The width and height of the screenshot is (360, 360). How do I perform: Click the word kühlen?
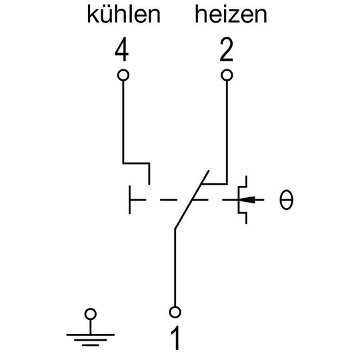[x=123, y=15]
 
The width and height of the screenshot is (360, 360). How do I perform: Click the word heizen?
[x=231, y=15]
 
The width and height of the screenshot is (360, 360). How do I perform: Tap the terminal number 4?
[x=122, y=49]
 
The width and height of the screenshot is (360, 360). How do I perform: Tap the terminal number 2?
[x=227, y=49]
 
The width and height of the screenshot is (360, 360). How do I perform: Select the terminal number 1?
[x=175, y=338]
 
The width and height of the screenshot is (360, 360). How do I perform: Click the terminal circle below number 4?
[x=123, y=69]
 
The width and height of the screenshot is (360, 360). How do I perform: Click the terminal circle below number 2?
[x=227, y=69]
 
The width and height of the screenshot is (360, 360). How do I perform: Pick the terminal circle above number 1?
[x=175, y=307]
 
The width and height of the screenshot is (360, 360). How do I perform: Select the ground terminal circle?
[x=91, y=309]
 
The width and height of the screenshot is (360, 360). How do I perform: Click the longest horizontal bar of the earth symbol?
[x=91, y=335]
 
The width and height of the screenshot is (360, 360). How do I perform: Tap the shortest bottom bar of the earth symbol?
[x=91, y=345]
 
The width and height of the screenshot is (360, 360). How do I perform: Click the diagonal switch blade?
[x=192, y=199]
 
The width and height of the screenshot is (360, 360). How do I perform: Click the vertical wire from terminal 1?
[x=175, y=267]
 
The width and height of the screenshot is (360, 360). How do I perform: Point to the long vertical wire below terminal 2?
[x=227, y=132]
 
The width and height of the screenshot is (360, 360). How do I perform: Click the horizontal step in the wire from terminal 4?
[x=137, y=163]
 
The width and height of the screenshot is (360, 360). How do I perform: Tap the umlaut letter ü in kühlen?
[x=108, y=15]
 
